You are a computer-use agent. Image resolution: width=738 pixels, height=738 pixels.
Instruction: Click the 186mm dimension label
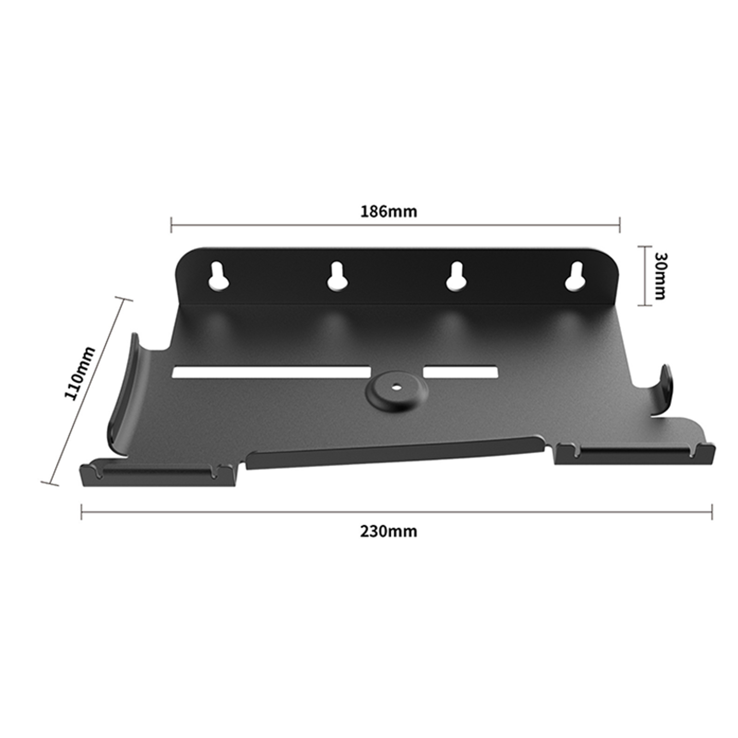click(x=388, y=211)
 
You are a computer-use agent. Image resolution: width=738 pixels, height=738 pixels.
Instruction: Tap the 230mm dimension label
click(x=388, y=532)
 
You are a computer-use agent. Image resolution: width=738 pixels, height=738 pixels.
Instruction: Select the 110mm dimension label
click(x=79, y=374)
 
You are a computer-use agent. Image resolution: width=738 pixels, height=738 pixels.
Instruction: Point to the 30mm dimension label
click(x=661, y=276)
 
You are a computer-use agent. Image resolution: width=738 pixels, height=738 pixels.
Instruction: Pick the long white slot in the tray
click(x=271, y=373)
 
